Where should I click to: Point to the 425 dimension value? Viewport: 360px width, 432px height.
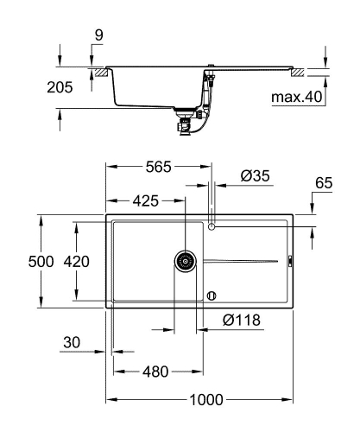coord(145,200)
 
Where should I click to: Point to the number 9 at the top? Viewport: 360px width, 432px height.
coord(98,35)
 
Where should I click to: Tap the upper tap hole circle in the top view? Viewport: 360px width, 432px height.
coord(212,226)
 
